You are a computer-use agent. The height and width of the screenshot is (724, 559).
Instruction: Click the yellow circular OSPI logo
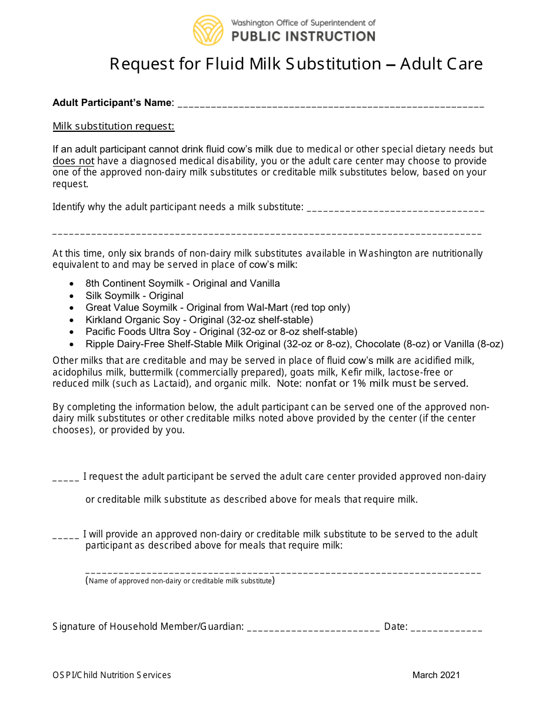pos(208,30)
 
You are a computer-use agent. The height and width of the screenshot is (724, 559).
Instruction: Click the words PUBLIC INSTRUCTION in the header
pos(302,36)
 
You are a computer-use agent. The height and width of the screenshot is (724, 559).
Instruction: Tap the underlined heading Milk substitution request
pos(114,126)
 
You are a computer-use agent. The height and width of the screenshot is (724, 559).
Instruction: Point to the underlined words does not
pos(74,161)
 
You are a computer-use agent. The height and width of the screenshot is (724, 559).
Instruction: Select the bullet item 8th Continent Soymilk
pos(182,283)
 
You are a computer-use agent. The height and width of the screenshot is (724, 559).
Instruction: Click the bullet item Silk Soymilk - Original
pos(134,295)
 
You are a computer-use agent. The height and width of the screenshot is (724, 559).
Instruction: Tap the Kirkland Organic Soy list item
pos(199,320)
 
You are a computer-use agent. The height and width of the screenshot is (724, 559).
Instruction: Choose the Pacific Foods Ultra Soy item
pos(221,331)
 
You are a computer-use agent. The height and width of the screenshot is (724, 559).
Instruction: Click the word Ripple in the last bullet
pos(101,344)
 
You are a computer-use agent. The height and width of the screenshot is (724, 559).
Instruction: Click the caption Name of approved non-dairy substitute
pos(181,581)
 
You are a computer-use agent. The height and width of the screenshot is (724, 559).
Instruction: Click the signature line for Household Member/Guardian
pos(313,628)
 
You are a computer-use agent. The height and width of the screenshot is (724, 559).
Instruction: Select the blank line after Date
pos(446,628)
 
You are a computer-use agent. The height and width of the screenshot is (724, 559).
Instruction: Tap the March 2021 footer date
pos(436,675)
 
